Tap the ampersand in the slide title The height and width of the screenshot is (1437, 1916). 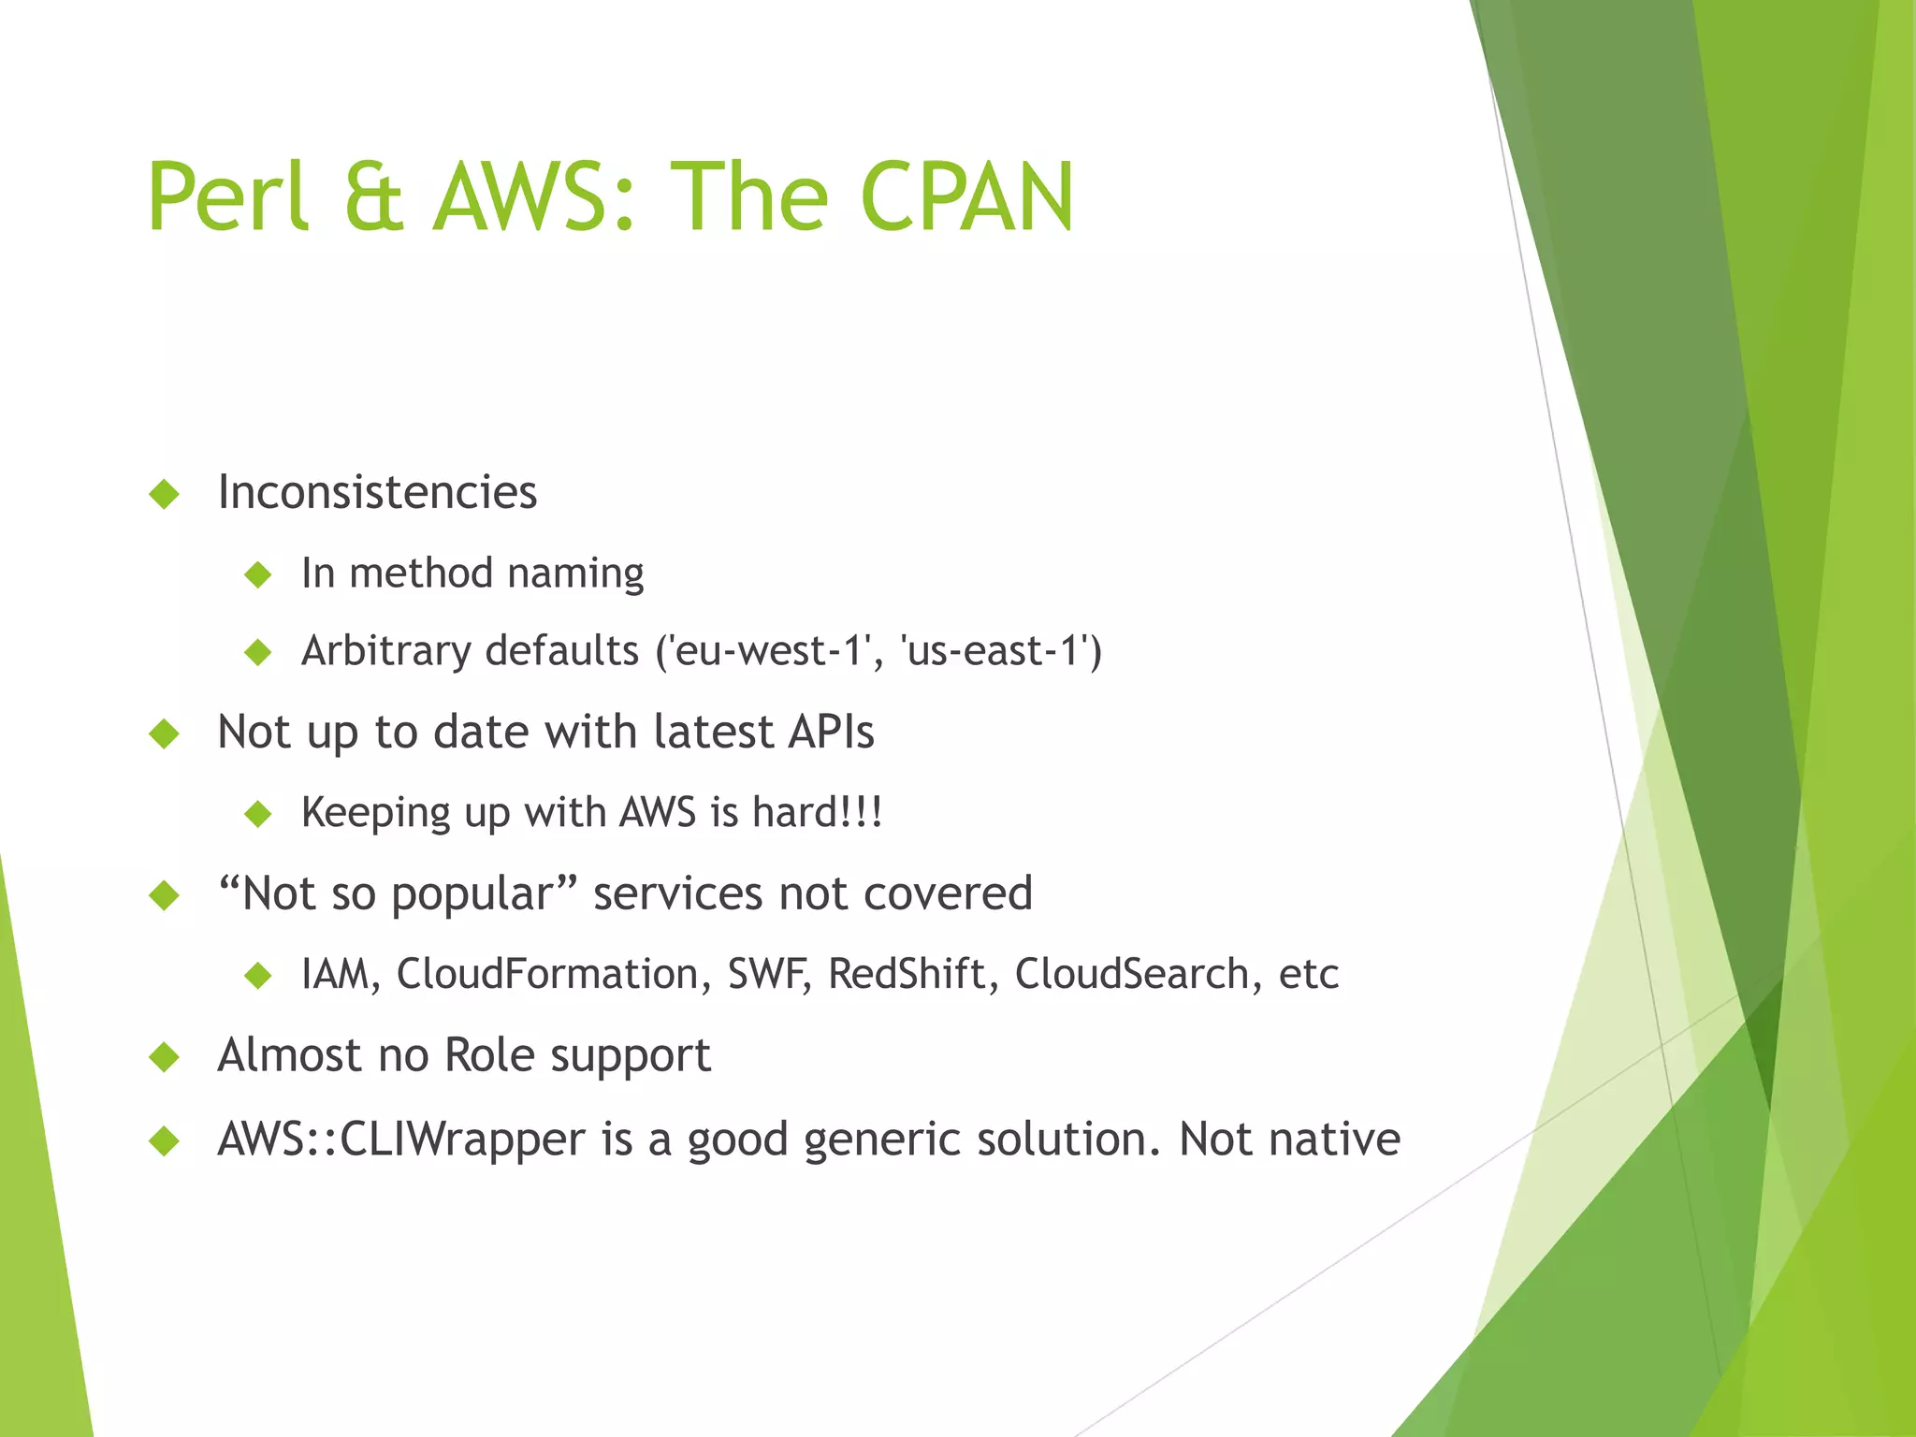[x=372, y=197]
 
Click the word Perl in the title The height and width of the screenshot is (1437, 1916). [x=227, y=197]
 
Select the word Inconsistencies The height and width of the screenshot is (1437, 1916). [x=377, y=492]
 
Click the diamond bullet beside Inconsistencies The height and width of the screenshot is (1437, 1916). [x=164, y=494]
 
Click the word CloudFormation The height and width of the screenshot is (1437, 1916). [x=547, y=974]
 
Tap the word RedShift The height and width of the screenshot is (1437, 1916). [x=907, y=974]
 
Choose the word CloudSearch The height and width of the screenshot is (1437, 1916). [x=1132, y=974]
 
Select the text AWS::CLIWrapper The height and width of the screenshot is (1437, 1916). [x=400, y=1139]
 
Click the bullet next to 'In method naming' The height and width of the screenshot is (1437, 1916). [x=257, y=574]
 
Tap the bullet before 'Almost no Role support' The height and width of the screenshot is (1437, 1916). [x=164, y=1057]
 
